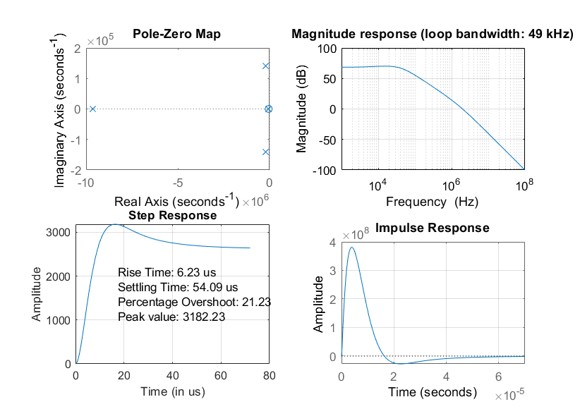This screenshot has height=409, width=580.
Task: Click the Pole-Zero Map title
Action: [176, 35]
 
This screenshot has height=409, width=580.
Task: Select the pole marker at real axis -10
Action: [92, 109]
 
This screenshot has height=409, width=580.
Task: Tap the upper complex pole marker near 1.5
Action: [266, 66]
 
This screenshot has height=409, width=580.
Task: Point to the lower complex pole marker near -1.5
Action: [266, 152]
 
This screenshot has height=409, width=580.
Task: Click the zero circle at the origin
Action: [269, 109]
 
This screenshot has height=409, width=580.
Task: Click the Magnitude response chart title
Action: [433, 34]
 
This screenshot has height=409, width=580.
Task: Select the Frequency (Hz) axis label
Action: [432, 202]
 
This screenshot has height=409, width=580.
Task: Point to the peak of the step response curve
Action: [115, 225]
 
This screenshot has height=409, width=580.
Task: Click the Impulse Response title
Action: [433, 228]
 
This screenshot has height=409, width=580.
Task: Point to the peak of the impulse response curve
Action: [351, 248]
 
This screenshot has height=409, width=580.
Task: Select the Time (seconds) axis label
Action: [433, 392]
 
